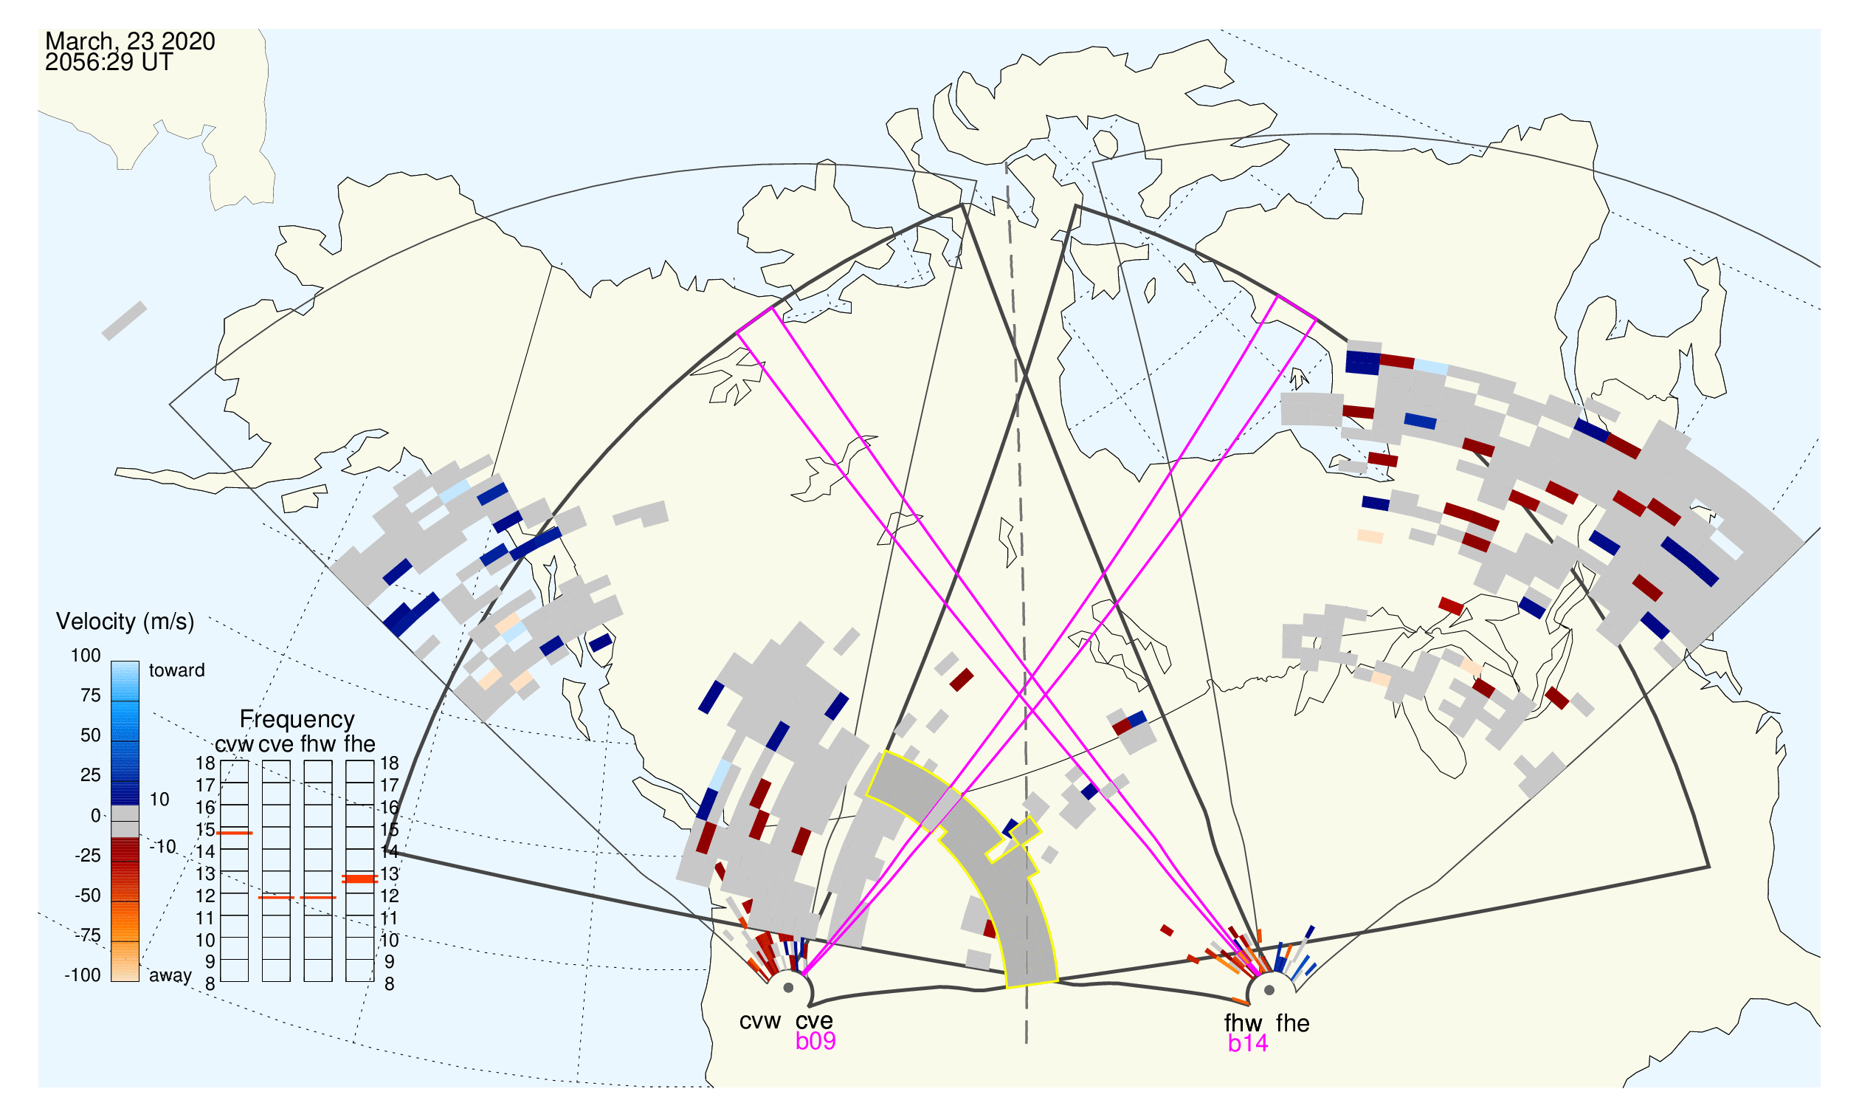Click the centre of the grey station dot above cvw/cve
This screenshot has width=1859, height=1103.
pyautogui.click(x=788, y=988)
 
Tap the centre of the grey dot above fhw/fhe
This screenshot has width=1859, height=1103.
pyautogui.click(x=1269, y=990)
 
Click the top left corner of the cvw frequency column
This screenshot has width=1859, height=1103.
pyautogui.click(x=221, y=761)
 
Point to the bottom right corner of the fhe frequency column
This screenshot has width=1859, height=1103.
pyautogui.click(x=373, y=982)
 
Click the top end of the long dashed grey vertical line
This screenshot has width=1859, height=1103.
pyautogui.click(x=1006, y=162)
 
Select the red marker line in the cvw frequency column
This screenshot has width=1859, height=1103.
pyautogui.click(x=234, y=834)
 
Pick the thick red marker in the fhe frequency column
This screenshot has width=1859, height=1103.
pyautogui.click(x=359, y=879)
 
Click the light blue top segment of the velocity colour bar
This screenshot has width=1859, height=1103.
pyautogui.click(x=125, y=681)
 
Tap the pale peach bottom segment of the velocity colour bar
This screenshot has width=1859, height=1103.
pyautogui.click(x=125, y=963)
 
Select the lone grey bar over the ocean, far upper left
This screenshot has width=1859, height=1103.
pyautogui.click(x=124, y=321)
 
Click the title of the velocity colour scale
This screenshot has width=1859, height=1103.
pyautogui.click(x=125, y=622)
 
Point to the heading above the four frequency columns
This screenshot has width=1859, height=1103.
pyautogui.click(x=297, y=719)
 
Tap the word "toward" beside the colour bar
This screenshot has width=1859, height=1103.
pyautogui.click(x=177, y=670)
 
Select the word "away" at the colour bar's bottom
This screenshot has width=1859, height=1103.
pyautogui.click(x=170, y=975)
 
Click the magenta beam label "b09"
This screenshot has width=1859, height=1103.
pyautogui.click(x=815, y=1041)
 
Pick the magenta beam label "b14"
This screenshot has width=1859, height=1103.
pyautogui.click(x=1247, y=1043)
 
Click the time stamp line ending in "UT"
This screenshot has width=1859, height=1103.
pyautogui.click(x=108, y=63)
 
